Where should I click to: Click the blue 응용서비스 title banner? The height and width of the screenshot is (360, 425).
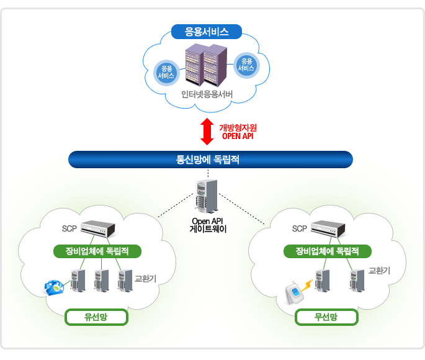click(206, 32)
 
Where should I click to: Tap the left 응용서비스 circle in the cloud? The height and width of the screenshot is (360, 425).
click(166, 73)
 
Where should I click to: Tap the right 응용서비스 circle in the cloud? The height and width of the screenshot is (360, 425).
click(246, 65)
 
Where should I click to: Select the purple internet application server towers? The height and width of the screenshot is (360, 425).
click(206, 65)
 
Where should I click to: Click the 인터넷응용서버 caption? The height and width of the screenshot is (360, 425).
click(207, 94)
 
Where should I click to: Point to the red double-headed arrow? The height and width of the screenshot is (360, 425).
click(207, 132)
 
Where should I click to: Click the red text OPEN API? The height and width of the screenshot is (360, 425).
click(238, 136)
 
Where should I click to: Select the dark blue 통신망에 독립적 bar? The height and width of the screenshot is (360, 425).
click(210, 160)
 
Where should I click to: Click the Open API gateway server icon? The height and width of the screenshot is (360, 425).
click(207, 196)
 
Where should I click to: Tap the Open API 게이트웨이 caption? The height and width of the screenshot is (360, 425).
click(208, 225)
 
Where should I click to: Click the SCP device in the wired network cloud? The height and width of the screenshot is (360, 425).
click(98, 229)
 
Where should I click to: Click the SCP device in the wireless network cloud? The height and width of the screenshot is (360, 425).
click(328, 229)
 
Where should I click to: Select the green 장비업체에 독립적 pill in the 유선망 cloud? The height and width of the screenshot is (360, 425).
click(97, 251)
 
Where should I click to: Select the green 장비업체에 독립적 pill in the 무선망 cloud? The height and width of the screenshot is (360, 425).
click(328, 251)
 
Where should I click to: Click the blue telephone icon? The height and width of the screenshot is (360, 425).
click(54, 287)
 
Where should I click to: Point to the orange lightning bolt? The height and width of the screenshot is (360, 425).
click(307, 286)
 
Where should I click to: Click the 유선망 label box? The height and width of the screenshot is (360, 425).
click(96, 317)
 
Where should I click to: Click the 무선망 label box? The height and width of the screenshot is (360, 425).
click(326, 317)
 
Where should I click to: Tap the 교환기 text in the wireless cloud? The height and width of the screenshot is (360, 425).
click(379, 270)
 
